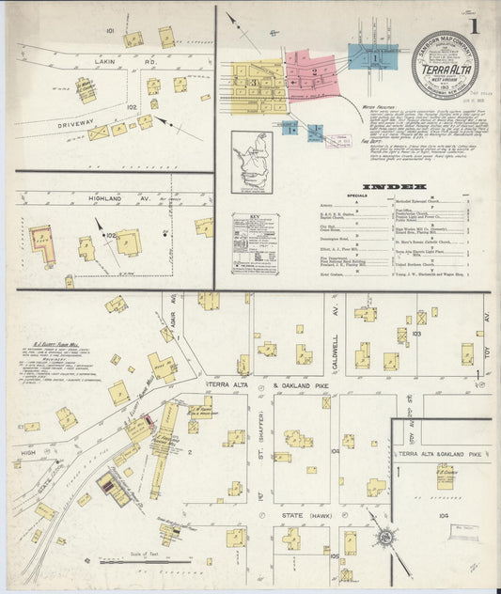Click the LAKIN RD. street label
[113, 62]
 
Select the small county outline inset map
[251, 162]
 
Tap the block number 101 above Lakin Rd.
[110, 31]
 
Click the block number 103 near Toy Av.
[416, 333]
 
